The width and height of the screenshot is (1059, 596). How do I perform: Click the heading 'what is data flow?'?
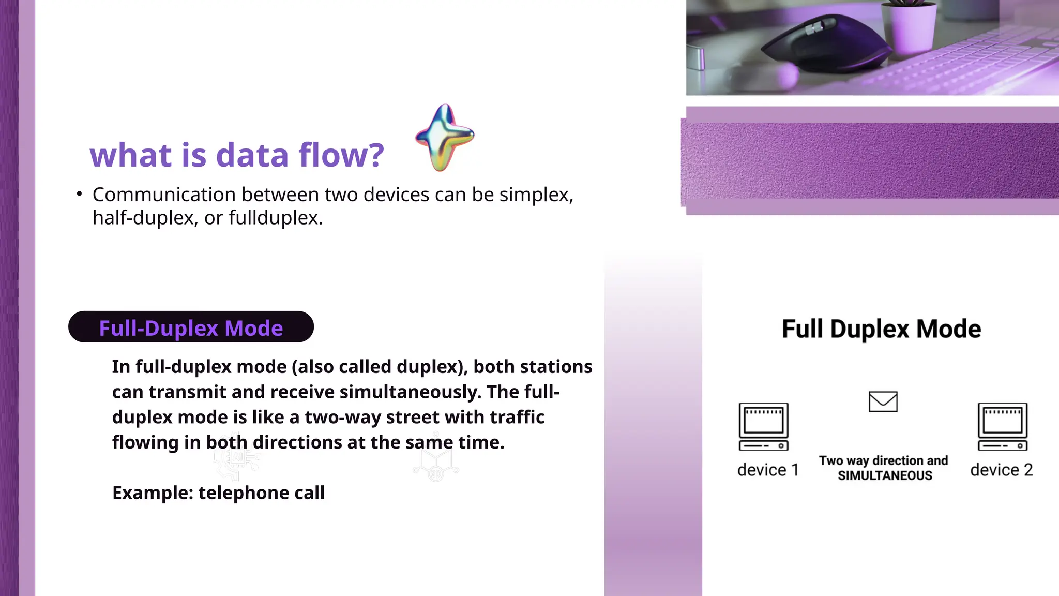click(237, 155)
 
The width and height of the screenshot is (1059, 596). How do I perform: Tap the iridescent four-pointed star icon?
click(444, 137)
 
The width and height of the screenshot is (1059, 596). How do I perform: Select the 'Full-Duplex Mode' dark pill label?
click(191, 327)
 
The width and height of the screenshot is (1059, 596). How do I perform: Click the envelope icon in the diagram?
click(883, 401)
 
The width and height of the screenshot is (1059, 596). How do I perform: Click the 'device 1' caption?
click(768, 470)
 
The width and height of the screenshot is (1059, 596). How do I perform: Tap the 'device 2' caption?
click(1001, 470)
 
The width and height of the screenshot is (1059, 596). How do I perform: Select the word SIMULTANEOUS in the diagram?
click(885, 476)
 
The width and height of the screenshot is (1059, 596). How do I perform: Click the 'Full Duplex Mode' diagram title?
click(881, 329)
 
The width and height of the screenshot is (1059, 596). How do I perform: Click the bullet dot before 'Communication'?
click(79, 194)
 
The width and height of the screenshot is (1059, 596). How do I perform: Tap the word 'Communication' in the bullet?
click(164, 195)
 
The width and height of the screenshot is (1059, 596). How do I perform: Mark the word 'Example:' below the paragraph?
click(153, 493)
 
